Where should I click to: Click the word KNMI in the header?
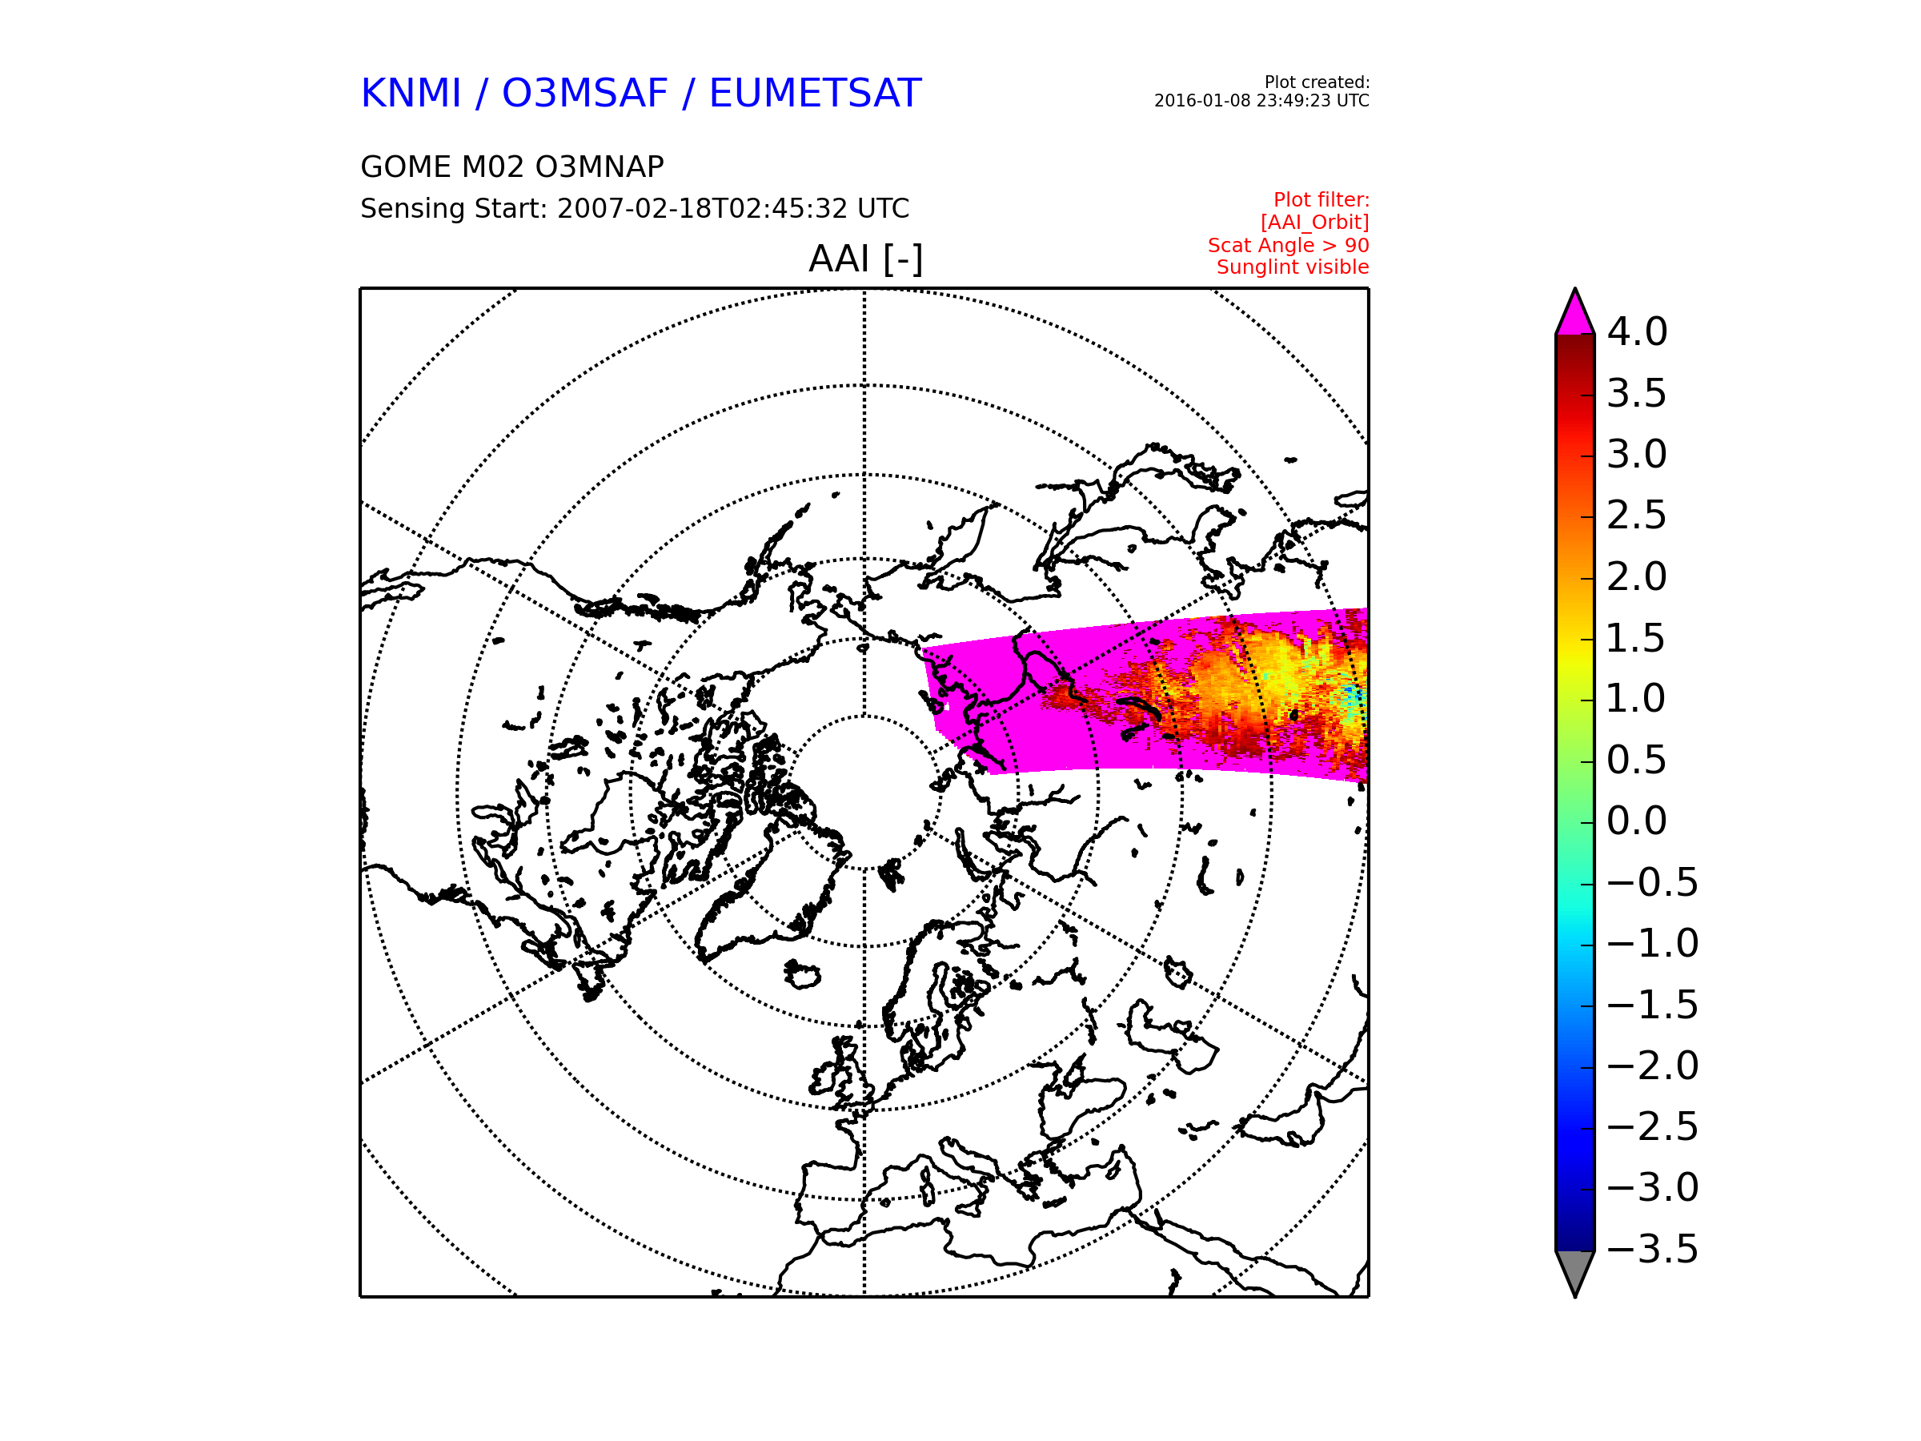(410, 94)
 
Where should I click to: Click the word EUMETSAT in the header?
(815, 94)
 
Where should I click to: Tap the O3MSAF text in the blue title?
(584, 94)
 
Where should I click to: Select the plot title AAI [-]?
(865, 259)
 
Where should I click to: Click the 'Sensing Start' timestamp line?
(635, 208)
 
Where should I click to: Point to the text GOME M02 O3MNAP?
(512, 167)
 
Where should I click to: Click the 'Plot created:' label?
(1317, 82)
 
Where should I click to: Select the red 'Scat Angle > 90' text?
(1288, 246)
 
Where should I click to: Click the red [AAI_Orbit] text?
(1315, 223)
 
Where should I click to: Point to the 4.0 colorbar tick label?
(1637, 331)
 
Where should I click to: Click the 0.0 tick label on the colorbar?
(1637, 821)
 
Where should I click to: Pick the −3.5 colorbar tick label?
(1653, 1249)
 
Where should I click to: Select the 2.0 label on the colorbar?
(1637, 576)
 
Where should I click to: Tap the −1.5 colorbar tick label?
(1653, 1005)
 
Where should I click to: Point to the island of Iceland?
(803, 973)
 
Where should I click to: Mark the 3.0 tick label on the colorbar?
(1637, 454)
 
